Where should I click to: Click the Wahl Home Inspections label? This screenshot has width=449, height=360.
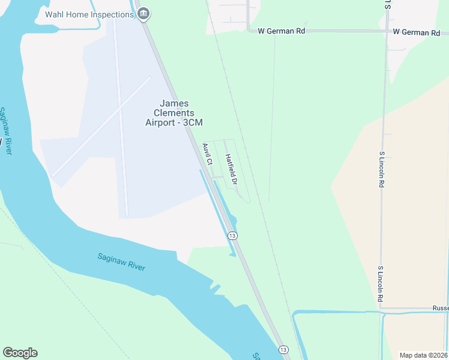(89, 14)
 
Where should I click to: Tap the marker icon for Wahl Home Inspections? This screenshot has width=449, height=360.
(143, 14)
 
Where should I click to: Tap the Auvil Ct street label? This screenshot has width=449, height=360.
(208, 154)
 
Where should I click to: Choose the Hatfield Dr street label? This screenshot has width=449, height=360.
(232, 169)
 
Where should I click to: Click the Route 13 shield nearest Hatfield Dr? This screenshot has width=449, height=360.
(232, 236)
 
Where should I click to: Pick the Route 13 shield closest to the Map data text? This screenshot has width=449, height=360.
(283, 349)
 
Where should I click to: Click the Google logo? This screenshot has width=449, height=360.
(20, 353)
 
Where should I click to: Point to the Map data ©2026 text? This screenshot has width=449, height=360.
(423, 355)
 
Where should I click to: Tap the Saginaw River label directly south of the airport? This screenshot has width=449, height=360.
(122, 262)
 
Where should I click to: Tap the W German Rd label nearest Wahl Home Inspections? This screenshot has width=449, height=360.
(281, 31)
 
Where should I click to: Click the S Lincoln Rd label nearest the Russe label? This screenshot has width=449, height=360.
(380, 284)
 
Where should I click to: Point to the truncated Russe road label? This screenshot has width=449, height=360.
(440, 308)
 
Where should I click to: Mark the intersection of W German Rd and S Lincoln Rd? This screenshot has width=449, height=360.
(384, 32)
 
